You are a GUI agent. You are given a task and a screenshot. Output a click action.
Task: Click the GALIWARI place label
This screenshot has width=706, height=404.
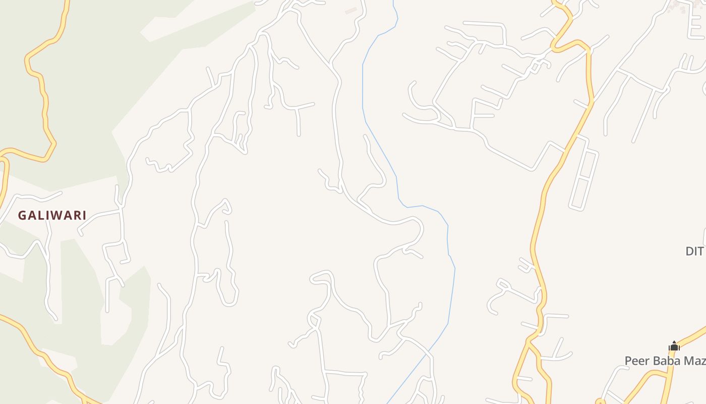(52, 216)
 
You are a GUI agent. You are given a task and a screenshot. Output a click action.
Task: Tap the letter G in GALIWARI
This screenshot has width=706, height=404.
(22, 216)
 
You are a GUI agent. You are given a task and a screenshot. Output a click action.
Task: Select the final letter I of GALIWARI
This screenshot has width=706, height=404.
(84, 216)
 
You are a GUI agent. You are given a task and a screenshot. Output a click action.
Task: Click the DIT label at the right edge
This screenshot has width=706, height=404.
(694, 251)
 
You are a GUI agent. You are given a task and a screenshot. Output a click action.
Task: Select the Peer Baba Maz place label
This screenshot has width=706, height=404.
(665, 361)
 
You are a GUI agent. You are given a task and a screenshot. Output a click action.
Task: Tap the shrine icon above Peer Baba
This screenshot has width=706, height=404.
(674, 346)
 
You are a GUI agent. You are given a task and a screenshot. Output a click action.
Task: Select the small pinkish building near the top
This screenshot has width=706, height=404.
(351, 11)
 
